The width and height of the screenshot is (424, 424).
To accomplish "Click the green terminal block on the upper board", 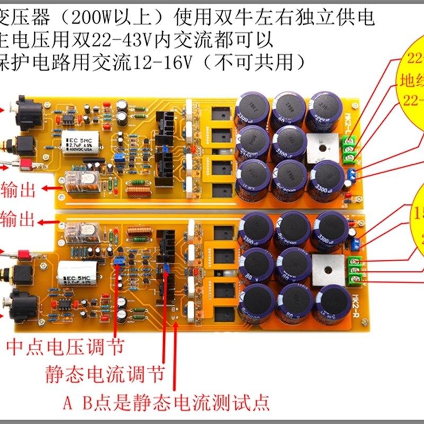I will pos(350,148).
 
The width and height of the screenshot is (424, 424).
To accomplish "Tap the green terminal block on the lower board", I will pos(354,269).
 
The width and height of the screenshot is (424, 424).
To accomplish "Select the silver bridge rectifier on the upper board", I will pos(323,146).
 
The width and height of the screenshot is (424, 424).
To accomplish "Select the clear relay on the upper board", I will pos(82,182).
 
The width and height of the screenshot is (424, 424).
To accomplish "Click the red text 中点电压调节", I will pos(65,347).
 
